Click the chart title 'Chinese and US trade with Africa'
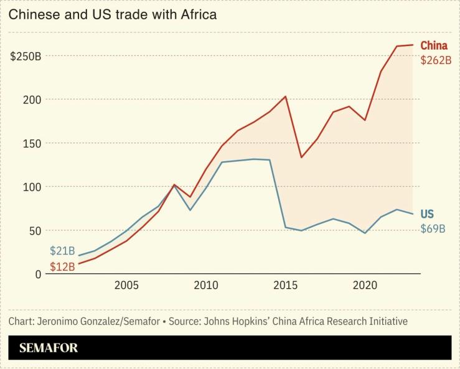tap(113, 14)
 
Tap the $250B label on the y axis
tap(26, 56)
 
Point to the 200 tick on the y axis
tap(32, 100)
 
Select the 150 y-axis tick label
tap(32, 143)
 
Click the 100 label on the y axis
tap(32, 187)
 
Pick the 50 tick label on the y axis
tap(35, 230)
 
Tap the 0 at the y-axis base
tap(38, 274)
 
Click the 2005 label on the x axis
tap(126, 286)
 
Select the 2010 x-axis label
tap(206, 286)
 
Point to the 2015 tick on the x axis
tap(286, 286)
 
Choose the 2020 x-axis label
tap(365, 286)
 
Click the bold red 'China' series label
tap(434, 45)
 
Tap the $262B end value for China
tap(436, 60)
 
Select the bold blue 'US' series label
tap(428, 213)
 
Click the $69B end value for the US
tap(433, 228)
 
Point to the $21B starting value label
tap(63, 251)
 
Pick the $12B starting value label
tap(63, 266)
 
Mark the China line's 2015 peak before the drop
tap(285, 96)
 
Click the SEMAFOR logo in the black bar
tap(49, 348)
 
